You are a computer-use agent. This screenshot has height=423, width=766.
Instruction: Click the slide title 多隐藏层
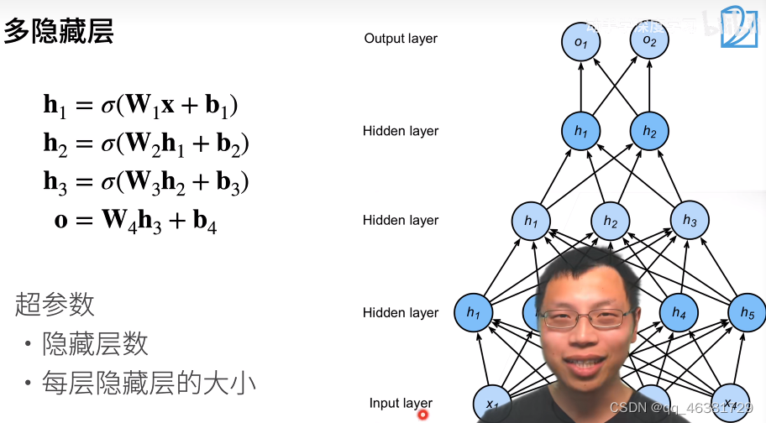click(x=59, y=32)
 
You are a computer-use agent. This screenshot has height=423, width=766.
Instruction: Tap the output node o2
click(x=648, y=41)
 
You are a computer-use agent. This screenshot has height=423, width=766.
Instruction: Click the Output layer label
click(x=401, y=39)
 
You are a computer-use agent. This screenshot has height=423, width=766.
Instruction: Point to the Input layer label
click(x=401, y=403)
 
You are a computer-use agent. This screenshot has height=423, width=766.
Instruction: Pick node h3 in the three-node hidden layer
click(x=690, y=221)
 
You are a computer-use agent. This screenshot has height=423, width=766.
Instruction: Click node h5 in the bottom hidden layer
click(x=747, y=312)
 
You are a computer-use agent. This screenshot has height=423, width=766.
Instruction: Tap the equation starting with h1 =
click(x=141, y=106)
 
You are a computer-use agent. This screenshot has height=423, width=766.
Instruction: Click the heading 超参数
click(x=55, y=304)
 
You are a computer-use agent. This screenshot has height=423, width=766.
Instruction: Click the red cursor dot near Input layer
click(x=423, y=413)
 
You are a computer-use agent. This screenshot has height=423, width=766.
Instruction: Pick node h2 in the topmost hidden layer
click(x=648, y=131)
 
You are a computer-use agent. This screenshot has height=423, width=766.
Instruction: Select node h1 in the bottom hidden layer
click(x=473, y=313)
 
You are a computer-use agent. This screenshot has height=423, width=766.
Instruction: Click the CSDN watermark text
click(x=679, y=407)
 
